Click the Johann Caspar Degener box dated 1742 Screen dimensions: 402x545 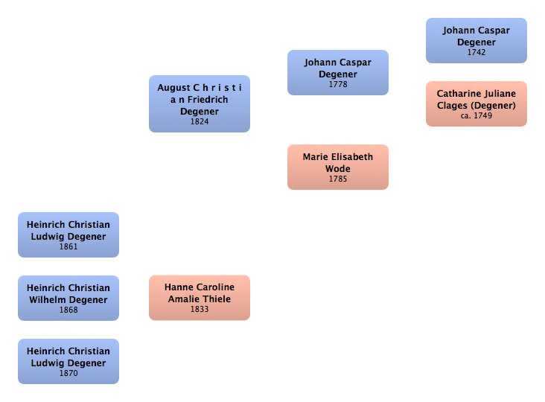click(x=476, y=40)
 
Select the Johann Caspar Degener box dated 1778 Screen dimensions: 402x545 click(x=338, y=72)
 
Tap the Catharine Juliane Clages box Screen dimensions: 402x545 click(x=476, y=103)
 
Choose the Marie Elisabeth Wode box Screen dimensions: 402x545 click(x=338, y=167)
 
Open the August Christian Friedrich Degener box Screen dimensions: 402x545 click(x=200, y=103)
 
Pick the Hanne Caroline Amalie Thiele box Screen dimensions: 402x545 click(x=200, y=297)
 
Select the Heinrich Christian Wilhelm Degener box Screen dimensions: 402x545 click(x=68, y=297)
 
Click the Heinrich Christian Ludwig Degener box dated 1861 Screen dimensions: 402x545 click(x=68, y=234)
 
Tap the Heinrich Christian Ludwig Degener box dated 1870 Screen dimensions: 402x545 click(x=68, y=361)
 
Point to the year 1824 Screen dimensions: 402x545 click(x=200, y=122)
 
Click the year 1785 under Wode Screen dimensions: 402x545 click(x=338, y=179)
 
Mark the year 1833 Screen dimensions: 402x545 click(x=200, y=310)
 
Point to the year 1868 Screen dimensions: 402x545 click(x=68, y=310)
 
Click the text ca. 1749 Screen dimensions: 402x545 click(x=477, y=116)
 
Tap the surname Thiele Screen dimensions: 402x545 click(x=216, y=299)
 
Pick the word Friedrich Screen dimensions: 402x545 click(x=208, y=100)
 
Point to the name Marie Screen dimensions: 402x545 click(x=316, y=157)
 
